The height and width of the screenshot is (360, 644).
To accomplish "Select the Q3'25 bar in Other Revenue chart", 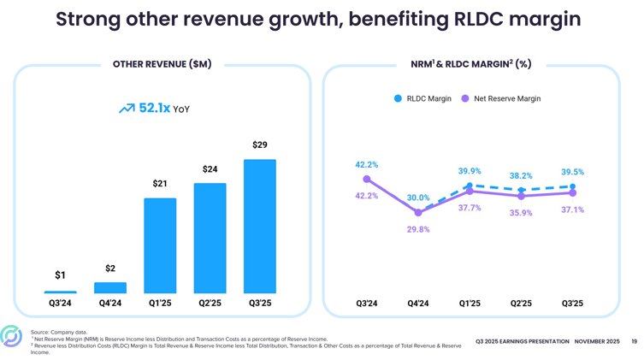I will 259,227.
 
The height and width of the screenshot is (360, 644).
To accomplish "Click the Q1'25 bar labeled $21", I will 160,246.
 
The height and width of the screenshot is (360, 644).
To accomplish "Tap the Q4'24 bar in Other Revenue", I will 110,288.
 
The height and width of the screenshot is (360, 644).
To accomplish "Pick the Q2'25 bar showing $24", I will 210,239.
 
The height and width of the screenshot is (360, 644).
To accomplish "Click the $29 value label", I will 259,145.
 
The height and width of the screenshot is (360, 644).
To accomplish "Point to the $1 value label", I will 60,275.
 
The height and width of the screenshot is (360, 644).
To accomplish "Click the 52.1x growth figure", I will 155,109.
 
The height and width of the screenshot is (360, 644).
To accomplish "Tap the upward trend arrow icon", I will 127,109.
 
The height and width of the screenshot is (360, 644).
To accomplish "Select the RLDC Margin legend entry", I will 422,98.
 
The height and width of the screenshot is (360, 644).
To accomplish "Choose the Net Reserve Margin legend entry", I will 501,98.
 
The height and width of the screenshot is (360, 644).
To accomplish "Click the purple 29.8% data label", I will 418,229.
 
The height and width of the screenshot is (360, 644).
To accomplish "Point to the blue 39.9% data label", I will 470,171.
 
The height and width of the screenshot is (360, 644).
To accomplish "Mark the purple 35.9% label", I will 521,213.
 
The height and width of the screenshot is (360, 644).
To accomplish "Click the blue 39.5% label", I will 572,172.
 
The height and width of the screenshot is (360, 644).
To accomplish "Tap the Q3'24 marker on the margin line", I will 367,180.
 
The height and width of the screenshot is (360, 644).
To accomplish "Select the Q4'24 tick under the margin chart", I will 418,304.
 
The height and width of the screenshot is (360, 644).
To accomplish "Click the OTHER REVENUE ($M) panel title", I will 162,64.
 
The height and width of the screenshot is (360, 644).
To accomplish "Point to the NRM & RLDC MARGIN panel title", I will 470,64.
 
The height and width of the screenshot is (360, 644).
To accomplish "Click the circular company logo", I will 11,336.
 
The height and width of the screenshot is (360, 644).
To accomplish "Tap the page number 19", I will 634,341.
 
